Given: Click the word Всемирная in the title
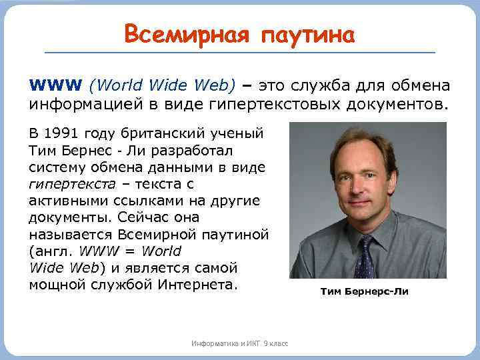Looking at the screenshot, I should coord(181,33).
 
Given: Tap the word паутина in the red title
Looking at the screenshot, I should coord(303,33).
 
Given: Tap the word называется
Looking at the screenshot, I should coord(71,234).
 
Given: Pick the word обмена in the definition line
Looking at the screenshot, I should coord(424,86).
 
